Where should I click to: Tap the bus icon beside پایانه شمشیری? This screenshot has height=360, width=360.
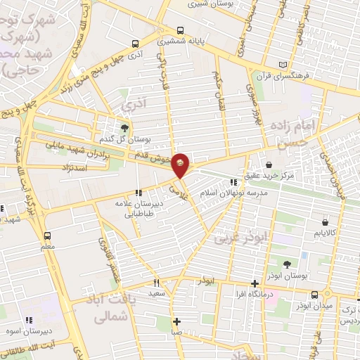181,31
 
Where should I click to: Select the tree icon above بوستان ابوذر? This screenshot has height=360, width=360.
287,265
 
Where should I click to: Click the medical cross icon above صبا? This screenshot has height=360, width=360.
177,321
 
